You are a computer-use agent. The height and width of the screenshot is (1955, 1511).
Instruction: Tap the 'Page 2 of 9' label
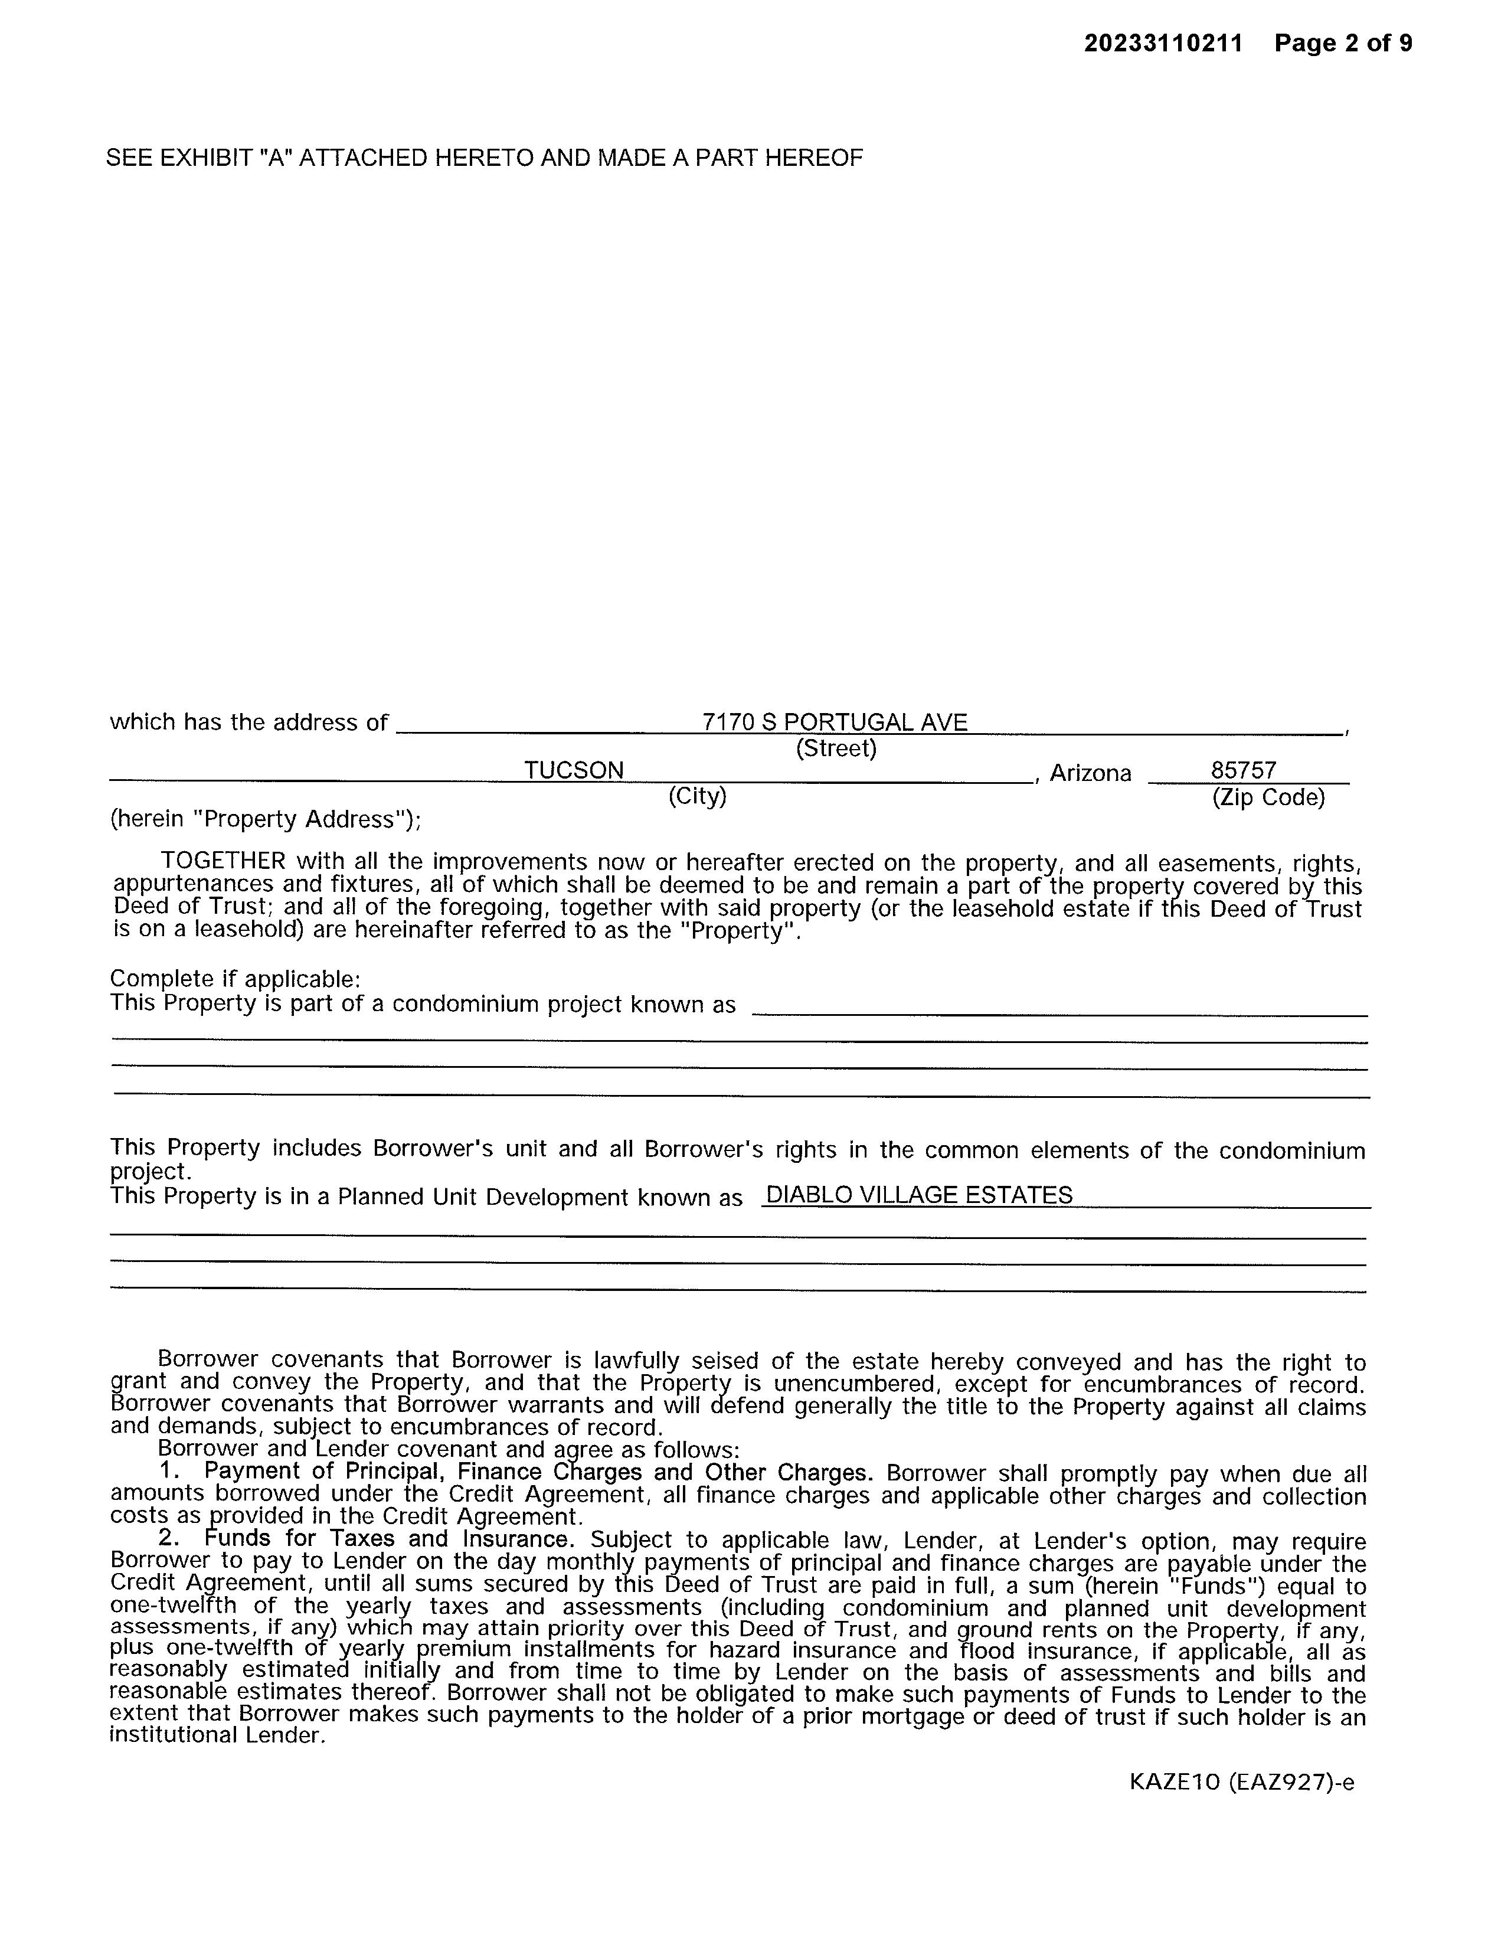(1343, 44)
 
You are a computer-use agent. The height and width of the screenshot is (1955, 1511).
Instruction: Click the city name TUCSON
(574, 771)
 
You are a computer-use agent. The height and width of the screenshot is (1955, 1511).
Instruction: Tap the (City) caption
(697, 796)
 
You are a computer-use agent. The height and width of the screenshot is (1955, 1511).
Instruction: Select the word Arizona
(1090, 773)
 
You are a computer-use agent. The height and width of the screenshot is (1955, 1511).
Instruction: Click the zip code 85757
(1244, 771)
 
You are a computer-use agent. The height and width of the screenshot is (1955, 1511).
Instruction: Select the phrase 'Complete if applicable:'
(234, 979)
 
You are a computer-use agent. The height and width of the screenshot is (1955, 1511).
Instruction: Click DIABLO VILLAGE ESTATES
(920, 1195)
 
